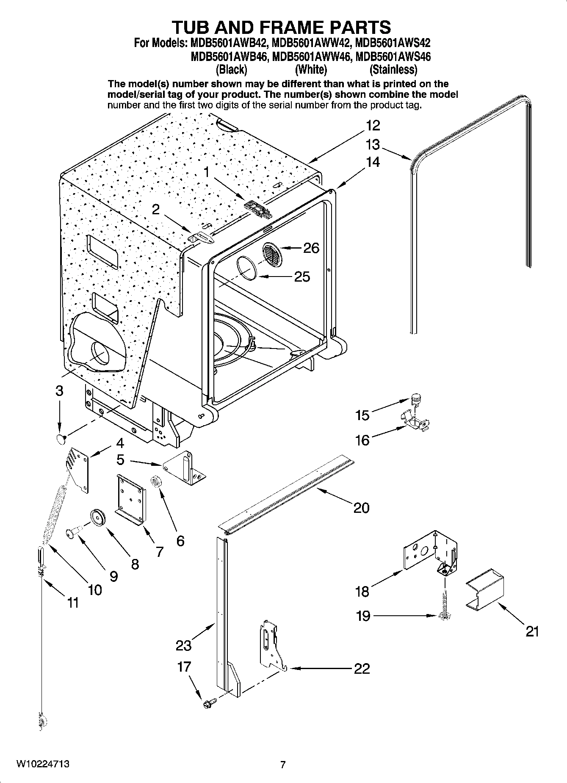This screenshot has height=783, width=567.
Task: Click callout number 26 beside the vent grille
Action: coord(311,248)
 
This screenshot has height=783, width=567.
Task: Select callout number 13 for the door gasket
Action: coord(373,145)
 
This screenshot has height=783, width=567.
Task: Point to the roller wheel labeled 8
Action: coord(98,518)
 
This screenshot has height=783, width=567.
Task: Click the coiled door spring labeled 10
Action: coord(55,517)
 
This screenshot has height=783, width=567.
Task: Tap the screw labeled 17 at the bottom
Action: coord(208,703)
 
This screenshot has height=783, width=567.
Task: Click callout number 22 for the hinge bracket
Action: coord(362,668)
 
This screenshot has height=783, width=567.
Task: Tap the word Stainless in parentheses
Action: coord(393,69)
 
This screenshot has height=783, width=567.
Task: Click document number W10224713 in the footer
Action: coord(43,764)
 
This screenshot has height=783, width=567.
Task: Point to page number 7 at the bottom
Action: coord(283,765)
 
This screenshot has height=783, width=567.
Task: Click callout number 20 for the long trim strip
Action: coord(361,507)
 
